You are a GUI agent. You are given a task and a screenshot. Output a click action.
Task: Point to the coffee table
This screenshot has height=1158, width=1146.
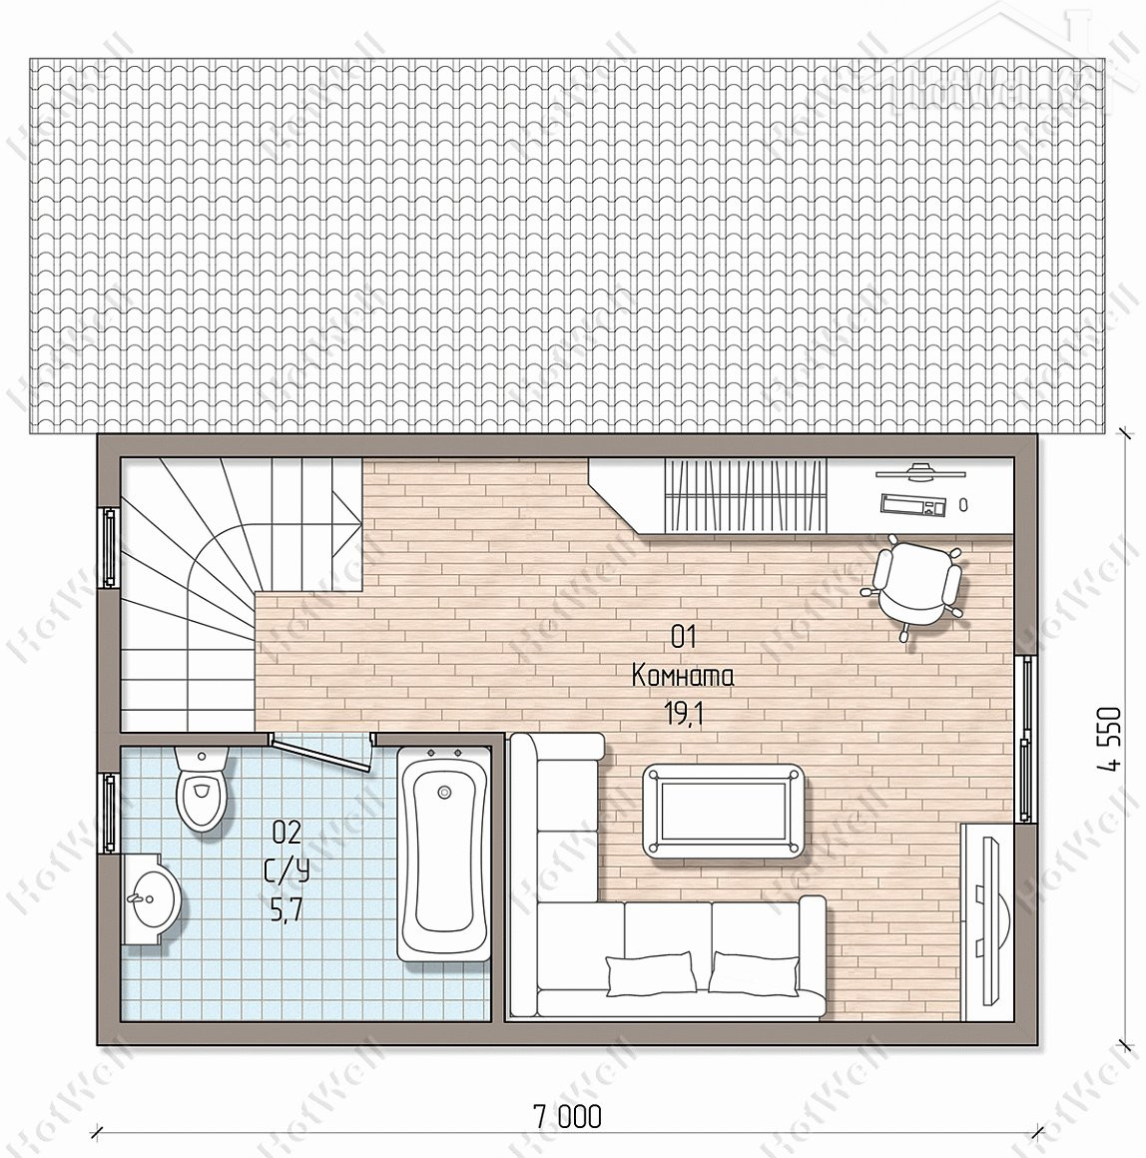point(722,811)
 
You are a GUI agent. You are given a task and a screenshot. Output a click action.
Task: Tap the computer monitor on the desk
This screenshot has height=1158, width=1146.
point(919,470)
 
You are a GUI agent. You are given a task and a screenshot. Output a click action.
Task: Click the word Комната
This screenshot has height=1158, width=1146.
point(683,675)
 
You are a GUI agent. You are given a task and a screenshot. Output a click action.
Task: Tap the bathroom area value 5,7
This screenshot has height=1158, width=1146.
point(286,912)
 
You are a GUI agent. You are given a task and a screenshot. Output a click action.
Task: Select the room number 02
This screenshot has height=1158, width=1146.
point(287,833)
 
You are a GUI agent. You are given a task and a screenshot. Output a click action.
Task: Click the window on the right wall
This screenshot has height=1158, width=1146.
point(1025,739)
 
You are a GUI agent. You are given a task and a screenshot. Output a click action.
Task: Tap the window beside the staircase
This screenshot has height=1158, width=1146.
point(109,547)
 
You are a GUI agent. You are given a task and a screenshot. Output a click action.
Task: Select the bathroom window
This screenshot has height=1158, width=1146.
point(109,814)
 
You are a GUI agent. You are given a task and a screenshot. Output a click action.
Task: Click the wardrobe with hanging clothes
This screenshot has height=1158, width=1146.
point(745,495)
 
